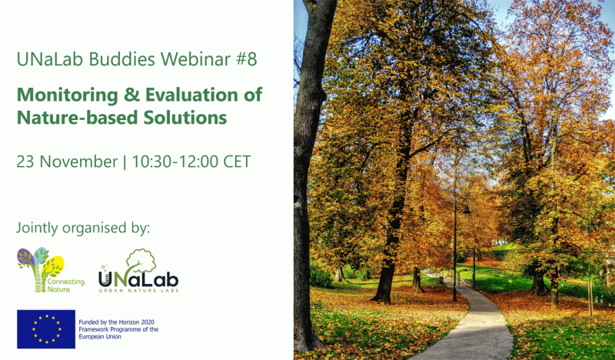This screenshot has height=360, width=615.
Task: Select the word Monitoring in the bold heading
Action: [68, 96]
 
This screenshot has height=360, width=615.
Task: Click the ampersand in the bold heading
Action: [131, 95]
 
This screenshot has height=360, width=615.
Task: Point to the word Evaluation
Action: [191, 95]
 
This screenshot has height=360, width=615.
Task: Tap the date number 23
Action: [25, 162]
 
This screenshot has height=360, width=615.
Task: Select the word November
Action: [78, 162]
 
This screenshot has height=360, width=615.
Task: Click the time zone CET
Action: [237, 162]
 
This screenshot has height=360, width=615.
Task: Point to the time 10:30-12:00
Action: [175, 162]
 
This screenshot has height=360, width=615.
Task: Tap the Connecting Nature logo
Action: [50, 270]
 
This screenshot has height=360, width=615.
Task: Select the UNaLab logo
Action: [138, 271]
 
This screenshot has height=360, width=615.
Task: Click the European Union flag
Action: [46, 329]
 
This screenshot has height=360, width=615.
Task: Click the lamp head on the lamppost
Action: [467, 209]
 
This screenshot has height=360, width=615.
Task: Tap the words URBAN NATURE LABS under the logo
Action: [138, 291]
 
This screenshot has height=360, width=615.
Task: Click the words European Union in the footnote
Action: [100, 337]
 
